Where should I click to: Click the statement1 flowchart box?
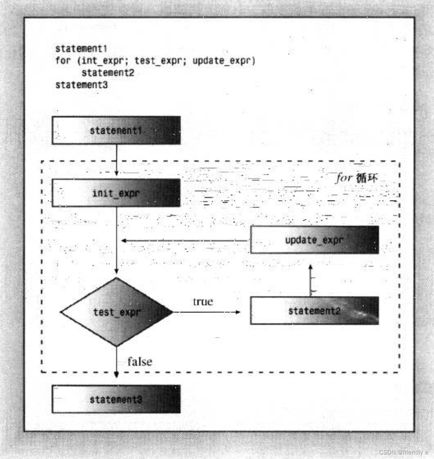116,130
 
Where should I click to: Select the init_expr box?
116,193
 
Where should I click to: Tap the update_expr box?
314,240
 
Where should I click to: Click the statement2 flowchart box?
314,311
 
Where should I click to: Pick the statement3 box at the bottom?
116,399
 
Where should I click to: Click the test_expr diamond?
117,312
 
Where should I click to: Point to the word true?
203,301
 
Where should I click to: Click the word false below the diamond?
140,362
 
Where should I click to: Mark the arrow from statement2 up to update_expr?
310,280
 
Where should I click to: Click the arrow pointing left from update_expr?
184,240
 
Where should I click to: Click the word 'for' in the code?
63,61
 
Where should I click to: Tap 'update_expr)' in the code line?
224,61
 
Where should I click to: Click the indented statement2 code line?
108,73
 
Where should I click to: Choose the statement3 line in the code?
81,84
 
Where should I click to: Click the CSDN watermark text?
403,452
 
